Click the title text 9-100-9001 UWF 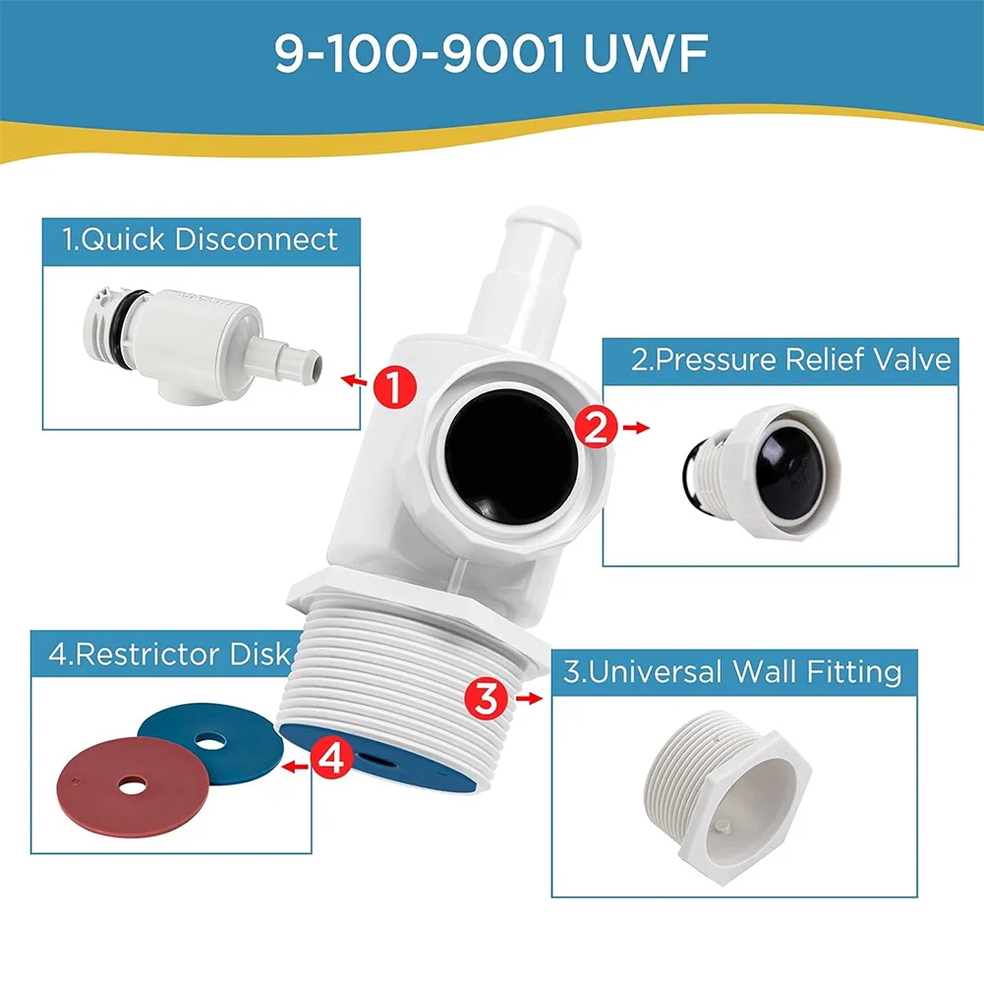pos(491,56)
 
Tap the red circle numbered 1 pos(393,387)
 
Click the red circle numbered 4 pos(332,759)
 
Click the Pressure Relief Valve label pos(790,360)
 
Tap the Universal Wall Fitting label pos(732,672)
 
